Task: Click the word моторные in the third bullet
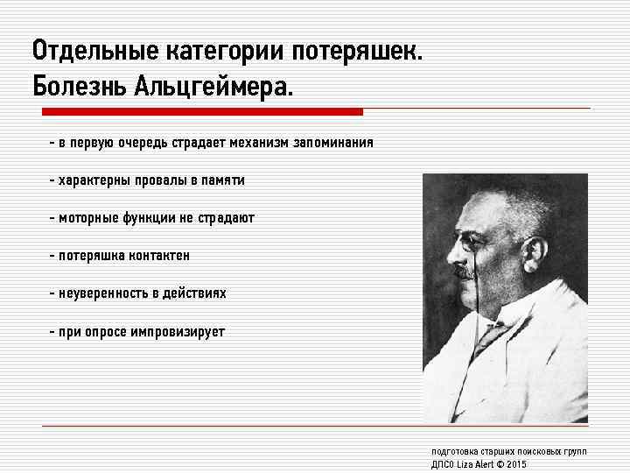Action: (x=85, y=218)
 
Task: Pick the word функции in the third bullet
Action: (x=150, y=218)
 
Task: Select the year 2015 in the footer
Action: (x=516, y=464)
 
